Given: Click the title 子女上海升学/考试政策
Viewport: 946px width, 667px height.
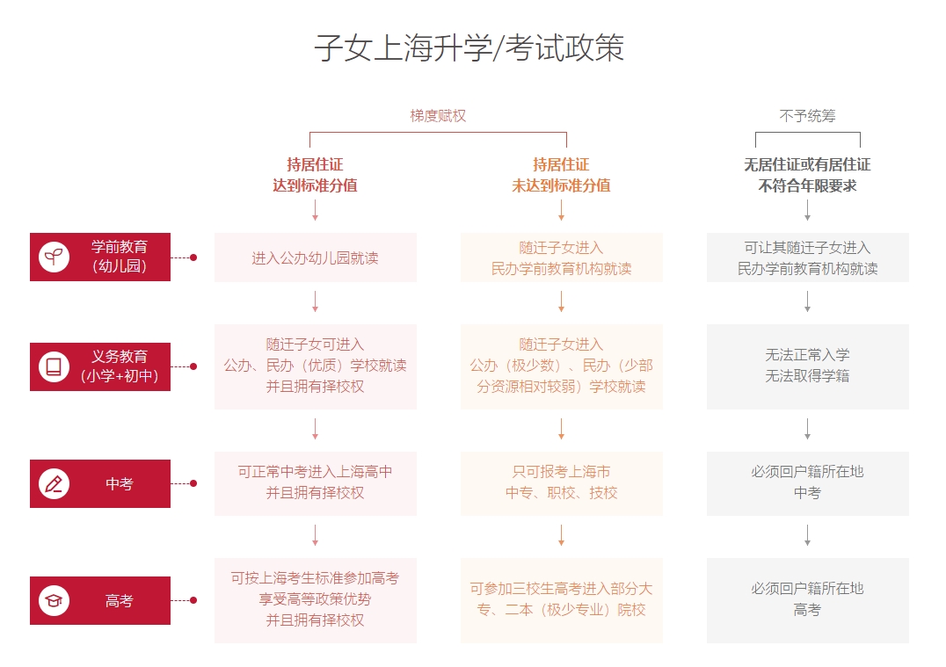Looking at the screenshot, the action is point(469,48).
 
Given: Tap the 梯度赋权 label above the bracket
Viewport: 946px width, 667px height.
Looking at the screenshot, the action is point(438,116).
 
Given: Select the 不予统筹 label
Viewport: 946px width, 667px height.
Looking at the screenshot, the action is point(807,116).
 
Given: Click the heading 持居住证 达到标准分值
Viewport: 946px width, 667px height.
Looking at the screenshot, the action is point(315,175).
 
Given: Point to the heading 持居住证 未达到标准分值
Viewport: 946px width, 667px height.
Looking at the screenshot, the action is point(561,175).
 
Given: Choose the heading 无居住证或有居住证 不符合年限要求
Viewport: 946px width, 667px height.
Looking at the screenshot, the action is point(807,175).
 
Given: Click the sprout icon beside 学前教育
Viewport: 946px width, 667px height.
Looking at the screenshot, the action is point(54,257).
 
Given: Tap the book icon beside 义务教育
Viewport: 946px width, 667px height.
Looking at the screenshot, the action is point(54,366).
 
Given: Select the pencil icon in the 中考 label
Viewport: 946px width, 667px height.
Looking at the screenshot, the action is point(54,483).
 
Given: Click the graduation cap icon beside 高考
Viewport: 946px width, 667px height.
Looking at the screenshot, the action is point(54,601).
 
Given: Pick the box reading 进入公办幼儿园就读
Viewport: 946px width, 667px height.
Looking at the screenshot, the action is point(316,257).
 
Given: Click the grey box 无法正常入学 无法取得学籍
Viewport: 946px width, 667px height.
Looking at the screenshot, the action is point(808,366).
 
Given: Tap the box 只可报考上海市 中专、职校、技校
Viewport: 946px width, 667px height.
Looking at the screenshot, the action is point(562,483).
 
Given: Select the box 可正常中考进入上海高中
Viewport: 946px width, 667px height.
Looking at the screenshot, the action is point(316,483).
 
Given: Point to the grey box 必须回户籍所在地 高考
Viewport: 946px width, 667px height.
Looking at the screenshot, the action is point(808,601).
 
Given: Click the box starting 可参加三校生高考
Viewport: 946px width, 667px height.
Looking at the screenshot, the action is point(562,601).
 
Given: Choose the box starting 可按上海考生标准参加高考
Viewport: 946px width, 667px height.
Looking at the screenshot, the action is point(316,601).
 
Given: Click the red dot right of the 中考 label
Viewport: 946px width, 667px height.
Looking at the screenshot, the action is point(193,483).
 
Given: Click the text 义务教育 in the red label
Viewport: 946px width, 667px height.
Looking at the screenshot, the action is point(120,357).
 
